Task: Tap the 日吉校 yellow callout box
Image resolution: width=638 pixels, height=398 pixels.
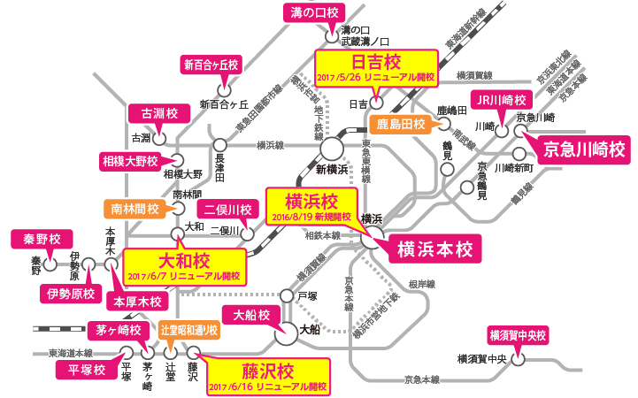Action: pos(377,67)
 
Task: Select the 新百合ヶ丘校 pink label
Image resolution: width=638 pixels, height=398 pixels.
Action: pos(211,65)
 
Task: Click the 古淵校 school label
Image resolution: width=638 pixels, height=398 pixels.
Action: pos(154,113)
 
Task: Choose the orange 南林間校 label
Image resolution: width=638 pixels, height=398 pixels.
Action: pos(135,210)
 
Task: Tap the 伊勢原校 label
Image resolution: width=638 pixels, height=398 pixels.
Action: pos(66,292)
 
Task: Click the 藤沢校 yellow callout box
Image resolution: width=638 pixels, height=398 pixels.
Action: pos(266,375)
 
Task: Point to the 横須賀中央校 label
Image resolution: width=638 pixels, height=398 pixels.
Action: pos(519,336)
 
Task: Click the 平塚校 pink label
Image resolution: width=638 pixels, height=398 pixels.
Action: pos(81,369)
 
